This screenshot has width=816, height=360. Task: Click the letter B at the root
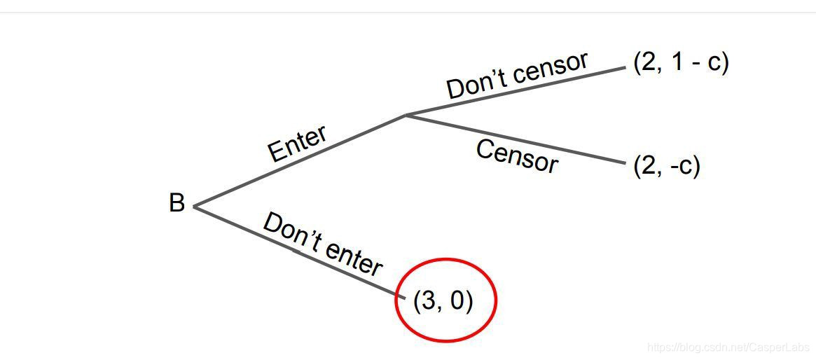[x=177, y=204]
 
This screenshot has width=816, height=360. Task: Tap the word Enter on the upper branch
[x=297, y=144]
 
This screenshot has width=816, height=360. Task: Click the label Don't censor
[x=517, y=75]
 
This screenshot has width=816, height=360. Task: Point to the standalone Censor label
[x=517, y=156]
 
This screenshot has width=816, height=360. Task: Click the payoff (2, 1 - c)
[x=681, y=62]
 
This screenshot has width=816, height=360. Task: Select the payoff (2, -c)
[x=666, y=166]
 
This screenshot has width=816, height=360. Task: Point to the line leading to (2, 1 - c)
[x=516, y=91]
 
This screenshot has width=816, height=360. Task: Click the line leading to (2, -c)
[x=516, y=139]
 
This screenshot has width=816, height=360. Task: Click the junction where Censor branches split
[x=406, y=116]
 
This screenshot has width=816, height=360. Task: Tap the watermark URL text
[x=728, y=347]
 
